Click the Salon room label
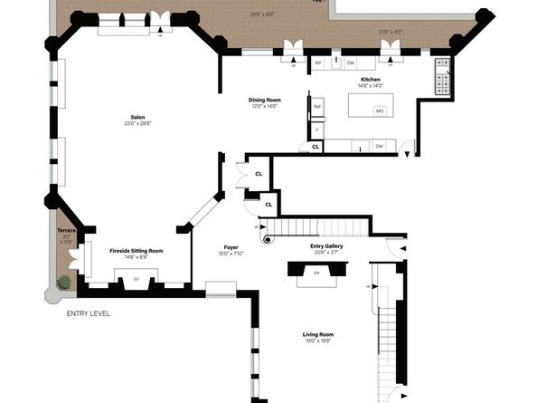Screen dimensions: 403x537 click(x=137, y=117)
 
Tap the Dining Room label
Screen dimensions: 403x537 click(x=263, y=100)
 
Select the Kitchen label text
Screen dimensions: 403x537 click(x=371, y=80)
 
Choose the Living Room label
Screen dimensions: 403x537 click(x=318, y=335)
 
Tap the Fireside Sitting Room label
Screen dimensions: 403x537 click(x=137, y=250)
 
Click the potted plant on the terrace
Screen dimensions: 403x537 click(x=64, y=283)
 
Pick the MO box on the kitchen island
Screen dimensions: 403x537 click(x=380, y=111)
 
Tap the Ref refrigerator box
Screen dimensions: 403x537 click(x=317, y=107)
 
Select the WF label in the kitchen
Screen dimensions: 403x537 click(x=318, y=62)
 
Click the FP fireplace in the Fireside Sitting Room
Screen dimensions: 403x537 click(x=137, y=279)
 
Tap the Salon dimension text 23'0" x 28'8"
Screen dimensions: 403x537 click(x=137, y=123)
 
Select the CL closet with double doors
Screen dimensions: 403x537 click(x=259, y=174)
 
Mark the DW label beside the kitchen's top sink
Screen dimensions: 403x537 click(x=351, y=62)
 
